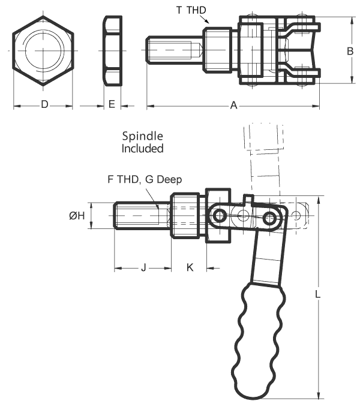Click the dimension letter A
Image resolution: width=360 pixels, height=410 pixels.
[234, 106]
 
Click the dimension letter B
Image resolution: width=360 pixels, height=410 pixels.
[350, 52]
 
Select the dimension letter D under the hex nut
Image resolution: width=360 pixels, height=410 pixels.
[44, 105]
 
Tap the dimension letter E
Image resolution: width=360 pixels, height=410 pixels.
[112, 105]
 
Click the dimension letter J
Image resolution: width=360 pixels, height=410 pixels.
[143, 267]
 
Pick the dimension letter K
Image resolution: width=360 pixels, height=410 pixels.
[190, 267]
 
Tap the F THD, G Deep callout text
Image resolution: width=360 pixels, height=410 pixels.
[144, 179]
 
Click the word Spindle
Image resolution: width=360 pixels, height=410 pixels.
[143, 137]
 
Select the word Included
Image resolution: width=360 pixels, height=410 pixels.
[143, 148]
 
